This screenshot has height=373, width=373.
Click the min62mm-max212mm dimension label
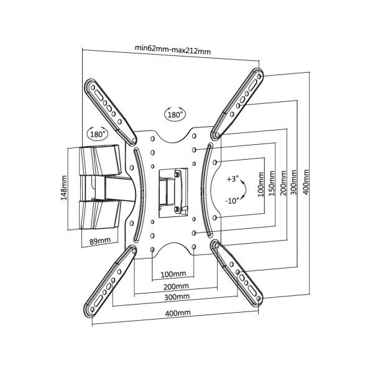pyautogui.click(x=173, y=49)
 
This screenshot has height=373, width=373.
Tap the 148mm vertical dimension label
pyautogui.click(x=64, y=188)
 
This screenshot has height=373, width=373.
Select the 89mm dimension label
pyautogui.click(x=100, y=241)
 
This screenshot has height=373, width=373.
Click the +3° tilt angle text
pyautogui.click(x=233, y=178)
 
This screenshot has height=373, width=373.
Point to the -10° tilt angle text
pyautogui.click(x=232, y=201)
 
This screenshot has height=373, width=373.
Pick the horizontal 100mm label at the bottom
pyautogui.click(x=173, y=274)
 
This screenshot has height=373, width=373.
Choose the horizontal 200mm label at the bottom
pyautogui.click(x=176, y=286)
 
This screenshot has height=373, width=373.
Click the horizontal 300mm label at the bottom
pyautogui.click(x=177, y=297)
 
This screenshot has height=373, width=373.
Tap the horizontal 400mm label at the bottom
pyautogui.click(x=178, y=312)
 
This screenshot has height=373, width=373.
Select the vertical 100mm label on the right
pyautogui.click(x=261, y=185)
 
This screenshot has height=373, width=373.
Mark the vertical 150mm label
pyautogui.click(x=272, y=183)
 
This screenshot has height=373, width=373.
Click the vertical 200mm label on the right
pyautogui.click(x=283, y=183)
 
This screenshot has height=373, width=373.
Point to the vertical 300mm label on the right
pyautogui.click(x=294, y=182)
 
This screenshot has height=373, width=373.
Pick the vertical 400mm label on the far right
pyautogui.click(x=306, y=182)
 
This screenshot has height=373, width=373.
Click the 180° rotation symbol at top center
pyautogui.click(x=175, y=114)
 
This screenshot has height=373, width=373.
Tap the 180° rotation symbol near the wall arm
pyautogui.click(x=98, y=134)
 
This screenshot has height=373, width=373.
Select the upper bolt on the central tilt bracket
pyautogui.click(x=177, y=174)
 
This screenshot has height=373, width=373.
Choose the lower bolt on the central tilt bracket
pyautogui.click(x=177, y=209)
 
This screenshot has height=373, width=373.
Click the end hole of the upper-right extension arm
pyautogui.click(x=259, y=76)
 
